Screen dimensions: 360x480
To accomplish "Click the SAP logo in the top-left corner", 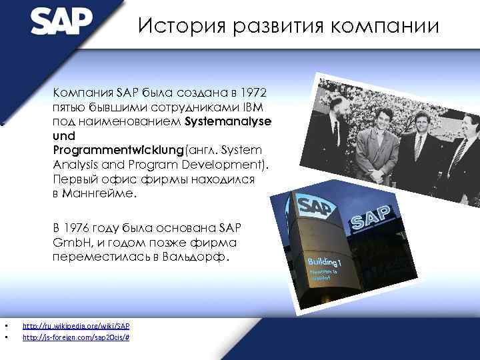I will (61, 21).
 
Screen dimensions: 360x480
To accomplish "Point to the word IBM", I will (256, 107).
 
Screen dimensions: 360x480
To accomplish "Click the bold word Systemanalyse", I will (228, 122).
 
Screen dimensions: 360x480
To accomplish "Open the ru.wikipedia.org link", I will (76, 326).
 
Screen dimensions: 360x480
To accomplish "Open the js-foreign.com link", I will (76, 338).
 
